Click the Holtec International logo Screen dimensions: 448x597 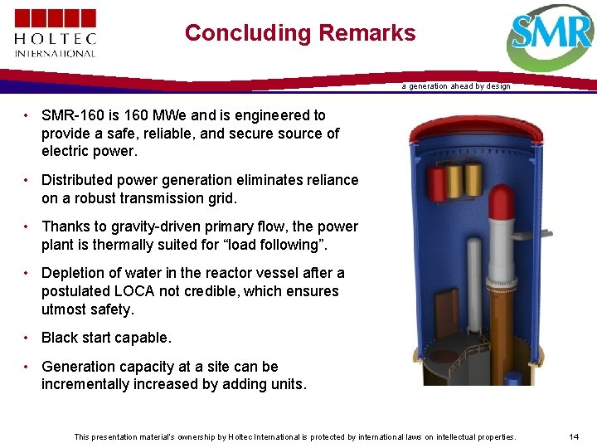[55, 33]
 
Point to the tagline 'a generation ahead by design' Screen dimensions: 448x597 [456, 86]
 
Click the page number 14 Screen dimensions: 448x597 [574, 436]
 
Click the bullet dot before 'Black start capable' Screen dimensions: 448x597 [27, 338]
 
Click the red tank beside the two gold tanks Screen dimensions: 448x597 [436, 183]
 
